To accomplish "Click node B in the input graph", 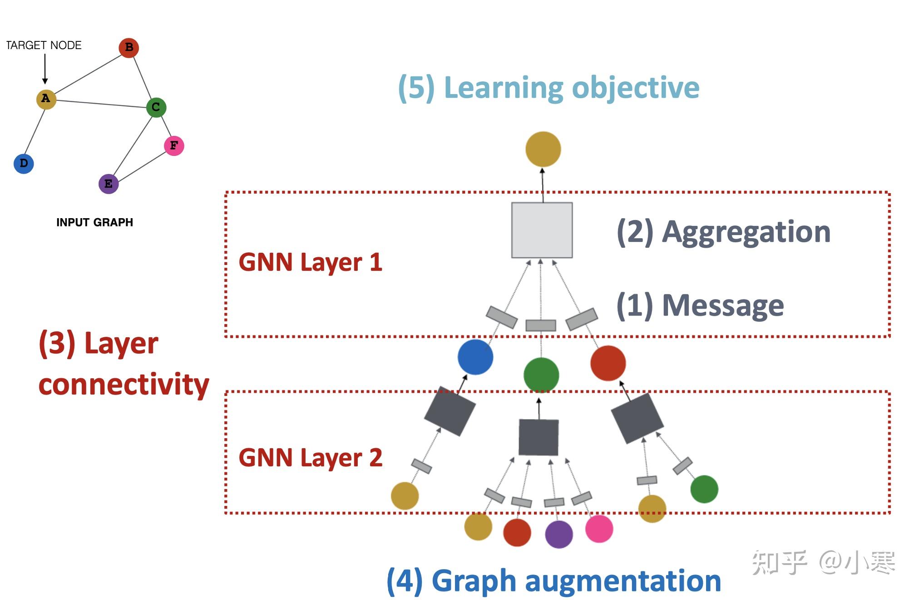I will (128, 47).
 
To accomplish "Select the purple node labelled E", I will (109, 184).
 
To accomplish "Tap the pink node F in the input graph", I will (174, 145).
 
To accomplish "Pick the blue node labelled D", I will (24, 164).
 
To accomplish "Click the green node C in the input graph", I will (156, 107).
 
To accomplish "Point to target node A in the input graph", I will (46, 99).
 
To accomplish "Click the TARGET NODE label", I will (44, 45).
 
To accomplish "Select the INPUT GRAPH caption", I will (94, 222).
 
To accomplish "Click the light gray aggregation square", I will (542, 230).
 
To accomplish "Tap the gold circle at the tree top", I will (543, 149).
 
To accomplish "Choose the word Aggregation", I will (746, 232).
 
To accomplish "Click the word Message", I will (723, 305).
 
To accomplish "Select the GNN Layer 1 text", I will (311, 262).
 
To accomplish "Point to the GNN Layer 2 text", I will (311, 457).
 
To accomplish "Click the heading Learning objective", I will (571, 87).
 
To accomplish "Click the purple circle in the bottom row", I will (558, 534).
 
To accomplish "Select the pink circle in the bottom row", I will (599, 529).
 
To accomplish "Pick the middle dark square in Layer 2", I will (539, 437).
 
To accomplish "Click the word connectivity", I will (124, 385).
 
